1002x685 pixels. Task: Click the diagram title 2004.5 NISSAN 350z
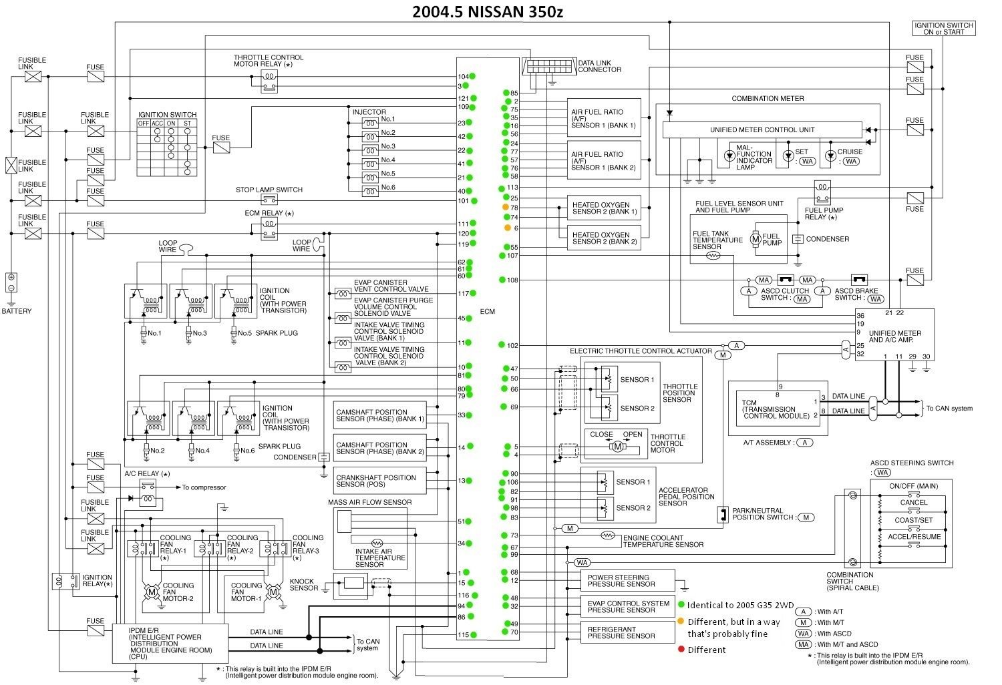pos(492,12)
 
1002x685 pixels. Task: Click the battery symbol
pos(11,282)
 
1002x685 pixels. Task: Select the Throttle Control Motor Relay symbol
pos(269,80)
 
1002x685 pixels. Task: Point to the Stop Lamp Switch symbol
pos(269,200)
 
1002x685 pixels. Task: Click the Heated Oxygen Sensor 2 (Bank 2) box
pos(604,238)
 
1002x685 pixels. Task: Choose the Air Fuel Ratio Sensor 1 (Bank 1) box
pos(604,118)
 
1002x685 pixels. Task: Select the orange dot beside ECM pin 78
pos(506,208)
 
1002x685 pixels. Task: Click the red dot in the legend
pos(681,650)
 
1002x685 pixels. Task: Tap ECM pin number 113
pos(513,188)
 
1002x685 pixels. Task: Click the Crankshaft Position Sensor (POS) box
pos(379,481)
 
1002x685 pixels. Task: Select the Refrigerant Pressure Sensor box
pos(621,632)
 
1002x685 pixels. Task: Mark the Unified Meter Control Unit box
pos(762,130)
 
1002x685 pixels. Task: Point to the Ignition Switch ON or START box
pos(943,28)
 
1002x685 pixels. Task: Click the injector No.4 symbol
pos(370,164)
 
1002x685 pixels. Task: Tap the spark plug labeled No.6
pos(236,451)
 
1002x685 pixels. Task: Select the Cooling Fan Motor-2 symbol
pos(152,592)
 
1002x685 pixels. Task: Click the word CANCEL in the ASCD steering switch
pos(913,502)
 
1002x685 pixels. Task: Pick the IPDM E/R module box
pos(170,643)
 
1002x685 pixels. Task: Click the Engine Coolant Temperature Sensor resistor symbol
pos(607,535)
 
